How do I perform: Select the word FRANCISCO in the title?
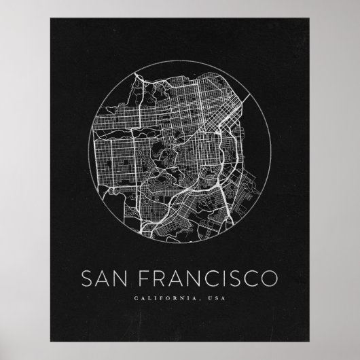tap(202, 279)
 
